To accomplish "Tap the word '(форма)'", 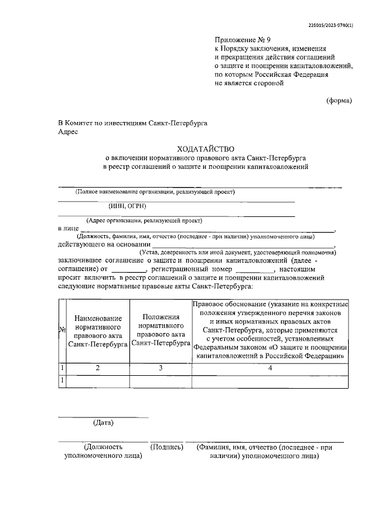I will point(339,100).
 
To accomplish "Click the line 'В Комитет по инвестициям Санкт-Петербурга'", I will point(133,123).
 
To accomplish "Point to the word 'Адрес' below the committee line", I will point(68,132).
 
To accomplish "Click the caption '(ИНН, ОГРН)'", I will point(127,206).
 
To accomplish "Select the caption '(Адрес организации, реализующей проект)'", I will point(144,220).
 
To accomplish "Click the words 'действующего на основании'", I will point(103,244).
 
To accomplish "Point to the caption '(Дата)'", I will point(103,422).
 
